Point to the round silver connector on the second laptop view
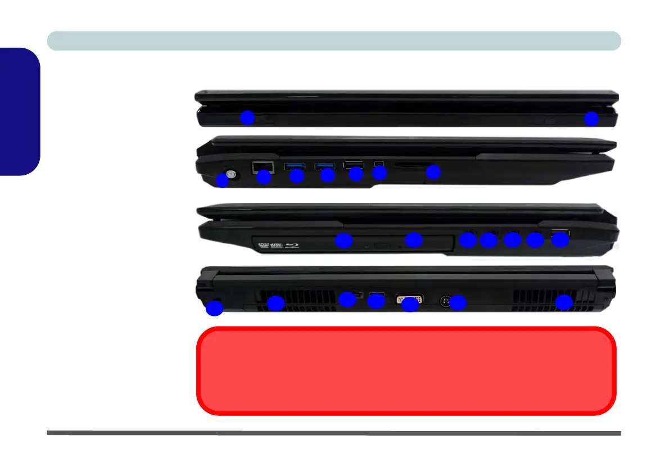[230, 174]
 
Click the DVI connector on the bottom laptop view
[410, 298]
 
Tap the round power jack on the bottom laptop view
[446, 301]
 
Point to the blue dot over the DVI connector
[410, 305]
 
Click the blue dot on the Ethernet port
[264, 178]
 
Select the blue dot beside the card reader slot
[433, 173]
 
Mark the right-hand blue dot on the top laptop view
[591, 119]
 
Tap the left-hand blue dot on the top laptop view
[247, 117]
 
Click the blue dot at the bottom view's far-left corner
[214, 309]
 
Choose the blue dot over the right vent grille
[564, 303]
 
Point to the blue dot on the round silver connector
[223, 180]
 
